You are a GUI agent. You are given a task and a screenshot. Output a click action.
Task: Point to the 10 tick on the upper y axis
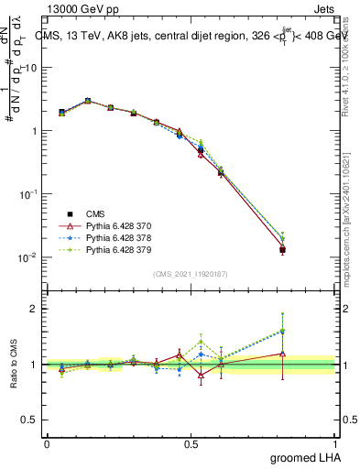(x=31, y=68)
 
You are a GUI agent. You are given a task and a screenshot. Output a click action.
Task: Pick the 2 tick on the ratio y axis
(x=35, y=309)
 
